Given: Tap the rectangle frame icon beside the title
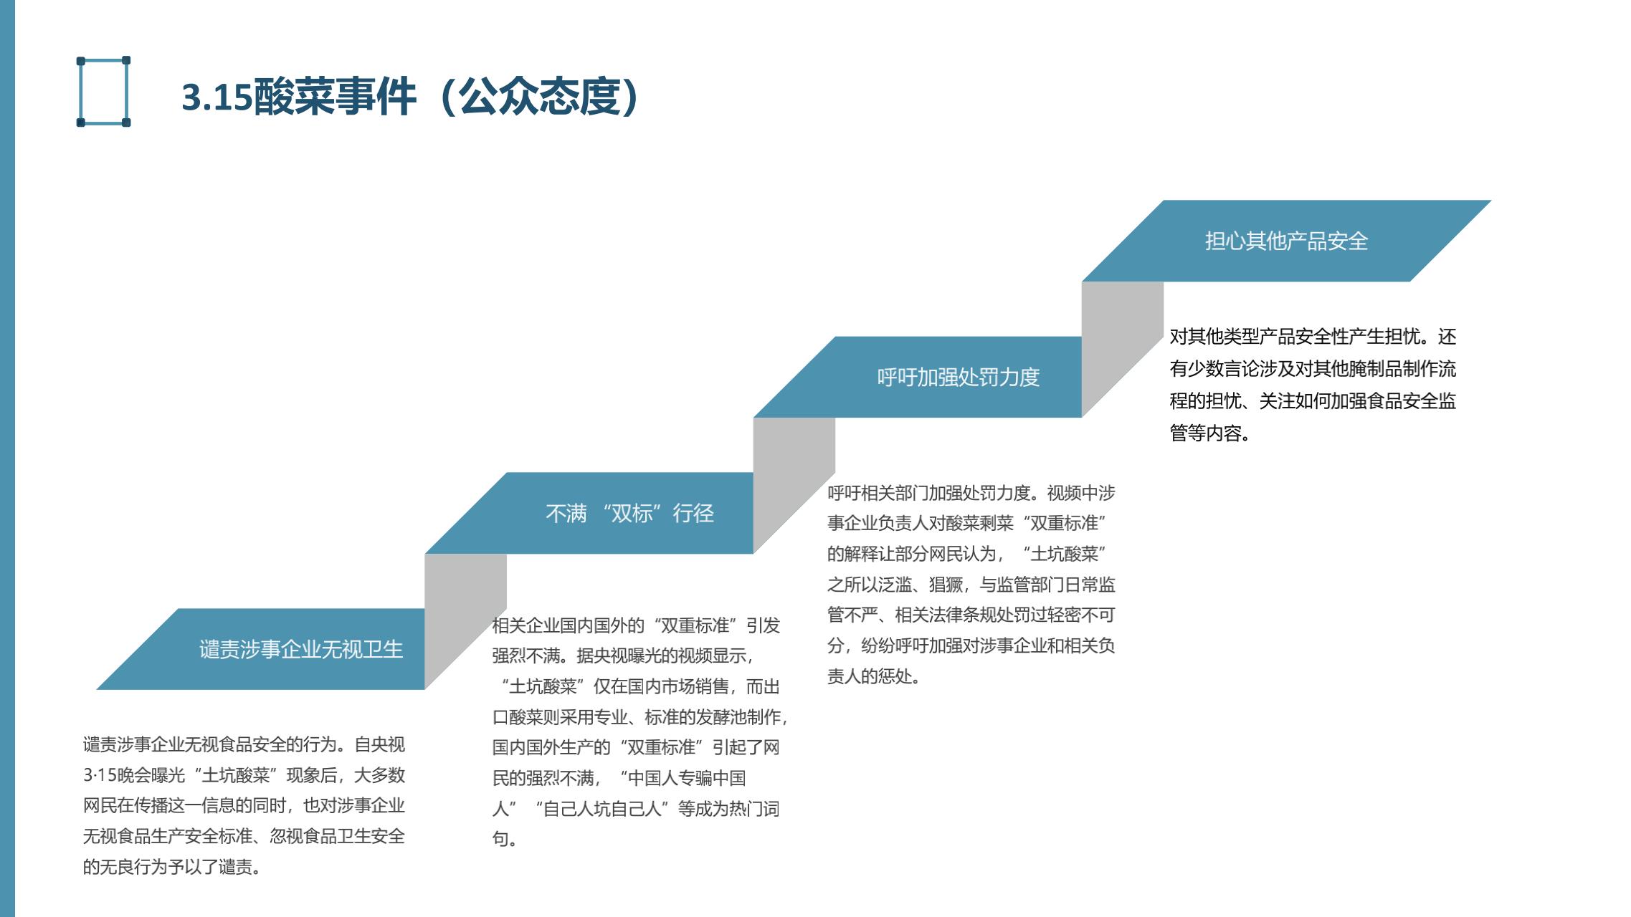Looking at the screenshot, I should [x=103, y=92].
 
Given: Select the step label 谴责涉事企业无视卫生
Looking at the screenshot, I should [x=301, y=649].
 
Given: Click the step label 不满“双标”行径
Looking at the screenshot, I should [x=629, y=513].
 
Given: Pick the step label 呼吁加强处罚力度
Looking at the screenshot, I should [x=958, y=377].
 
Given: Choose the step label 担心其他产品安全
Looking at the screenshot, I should [x=1286, y=241].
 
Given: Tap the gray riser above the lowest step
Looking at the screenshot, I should [x=465, y=609].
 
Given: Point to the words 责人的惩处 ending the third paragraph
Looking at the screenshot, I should [x=872, y=676].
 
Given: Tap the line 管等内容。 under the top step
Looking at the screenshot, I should [x=1209, y=433].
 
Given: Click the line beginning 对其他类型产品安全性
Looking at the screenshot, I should [x=1312, y=337].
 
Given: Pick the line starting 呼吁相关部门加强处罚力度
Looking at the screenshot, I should [x=971, y=493].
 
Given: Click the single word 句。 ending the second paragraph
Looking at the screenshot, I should [x=505, y=839].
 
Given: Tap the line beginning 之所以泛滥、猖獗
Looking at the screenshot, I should [x=971, y=585].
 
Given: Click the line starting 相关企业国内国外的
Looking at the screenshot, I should [x=635, y=625].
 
